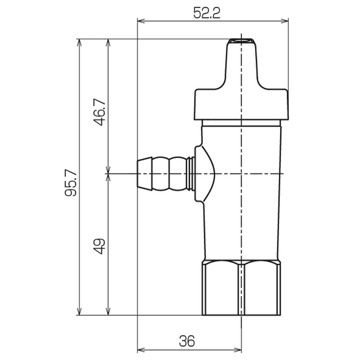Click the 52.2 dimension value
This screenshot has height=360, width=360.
(207, 13)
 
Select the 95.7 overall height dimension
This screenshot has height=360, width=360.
(71, 183)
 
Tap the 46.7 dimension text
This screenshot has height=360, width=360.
(99, 112)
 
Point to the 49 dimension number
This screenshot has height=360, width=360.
(99, 246)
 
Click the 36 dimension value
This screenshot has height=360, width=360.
(187, 341)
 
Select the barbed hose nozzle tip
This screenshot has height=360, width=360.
(144, 174)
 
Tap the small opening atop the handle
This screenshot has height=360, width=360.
(241, 41)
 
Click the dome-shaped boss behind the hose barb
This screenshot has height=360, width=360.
(205, 174)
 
